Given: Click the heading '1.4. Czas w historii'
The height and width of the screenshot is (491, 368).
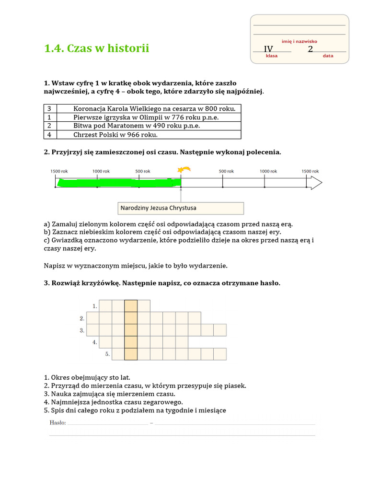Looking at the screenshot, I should pyautogui.click(x=96, y=48).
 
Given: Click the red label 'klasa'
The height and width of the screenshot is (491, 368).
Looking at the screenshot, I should pyautogui.click(x=272, y=56).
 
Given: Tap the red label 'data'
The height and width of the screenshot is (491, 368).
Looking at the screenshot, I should pyautogui.click(x=328, y=56).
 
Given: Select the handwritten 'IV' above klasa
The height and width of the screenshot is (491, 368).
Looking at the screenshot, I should pyautogui.click(x=268, y=49).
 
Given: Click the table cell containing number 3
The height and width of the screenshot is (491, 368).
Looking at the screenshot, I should pyautogui.click(x=49, y=108).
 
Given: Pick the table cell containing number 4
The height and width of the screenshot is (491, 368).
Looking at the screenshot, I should pyautogui.click(x=49, y=135).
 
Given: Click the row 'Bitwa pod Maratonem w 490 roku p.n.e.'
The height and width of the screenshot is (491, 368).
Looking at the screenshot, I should pyautogui.click(x=137, y=126).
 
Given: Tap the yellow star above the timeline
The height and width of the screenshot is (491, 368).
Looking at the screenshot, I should pyautogui.click(x=184, y=169).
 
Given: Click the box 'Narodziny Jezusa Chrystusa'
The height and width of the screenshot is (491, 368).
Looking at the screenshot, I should pyautogui.click(x=181, y=208).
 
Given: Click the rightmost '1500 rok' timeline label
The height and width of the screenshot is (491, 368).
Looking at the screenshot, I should pyautogui.click(x=310, y=171).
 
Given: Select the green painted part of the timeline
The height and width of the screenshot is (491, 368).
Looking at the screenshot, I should pyautogui.click(x=119, y=182).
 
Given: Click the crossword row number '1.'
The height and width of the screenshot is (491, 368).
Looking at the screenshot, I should pyautogui.click(x=95, y=306).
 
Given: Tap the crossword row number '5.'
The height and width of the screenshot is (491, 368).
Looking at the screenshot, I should pyautogui.click(x=108, y=354).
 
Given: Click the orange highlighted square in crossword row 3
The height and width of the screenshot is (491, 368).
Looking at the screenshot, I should pyautogui.click(x=131, y=330).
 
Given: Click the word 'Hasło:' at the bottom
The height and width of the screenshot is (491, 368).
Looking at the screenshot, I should pyautogui.click(x=58, y=422).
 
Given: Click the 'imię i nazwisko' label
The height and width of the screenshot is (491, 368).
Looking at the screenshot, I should pyautogui.click(x=299, y=42).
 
